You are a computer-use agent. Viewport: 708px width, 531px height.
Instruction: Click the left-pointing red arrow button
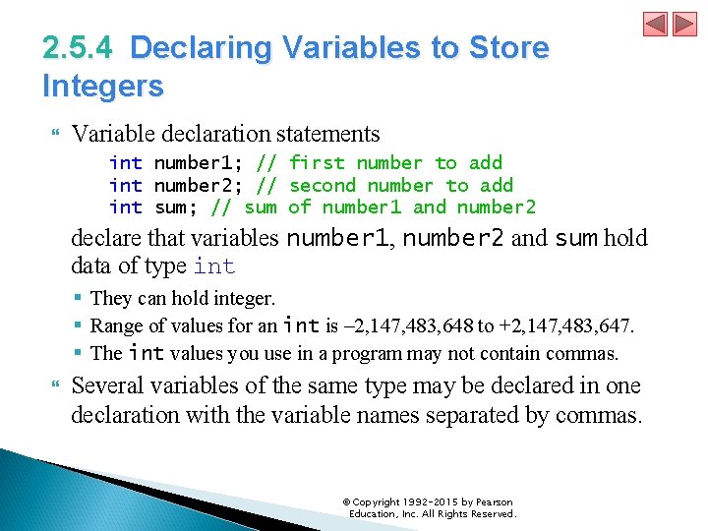[x=655, y=24]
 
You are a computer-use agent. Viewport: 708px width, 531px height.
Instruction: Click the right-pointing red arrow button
[x=682, y=24]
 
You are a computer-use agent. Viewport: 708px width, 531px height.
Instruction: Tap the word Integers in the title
[x=103, y=86]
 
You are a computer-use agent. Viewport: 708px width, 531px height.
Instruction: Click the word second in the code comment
[x=323, y=185]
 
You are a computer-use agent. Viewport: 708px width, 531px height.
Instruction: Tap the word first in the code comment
[x=317, y=163]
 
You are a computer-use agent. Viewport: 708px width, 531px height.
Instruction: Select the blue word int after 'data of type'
[x=214, y=265]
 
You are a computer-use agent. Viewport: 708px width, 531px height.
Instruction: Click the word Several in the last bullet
[x=109, y=385]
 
